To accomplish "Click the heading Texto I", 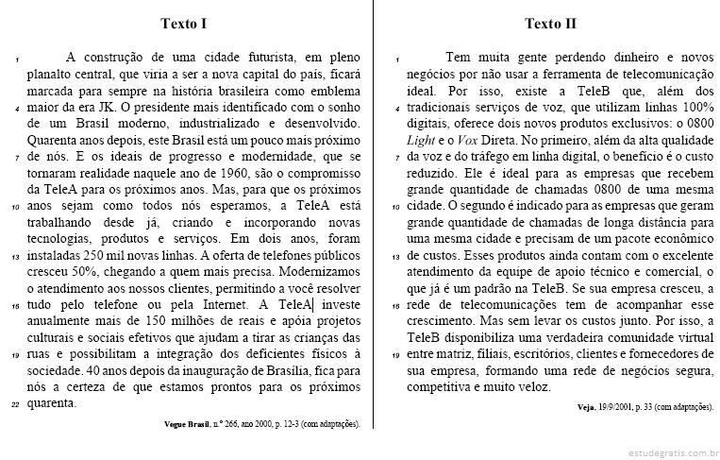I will pos(184,23).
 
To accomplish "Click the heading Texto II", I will pos(550,23).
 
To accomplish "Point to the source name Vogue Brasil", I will pos(189,424).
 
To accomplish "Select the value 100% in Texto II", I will pos(695,108).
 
